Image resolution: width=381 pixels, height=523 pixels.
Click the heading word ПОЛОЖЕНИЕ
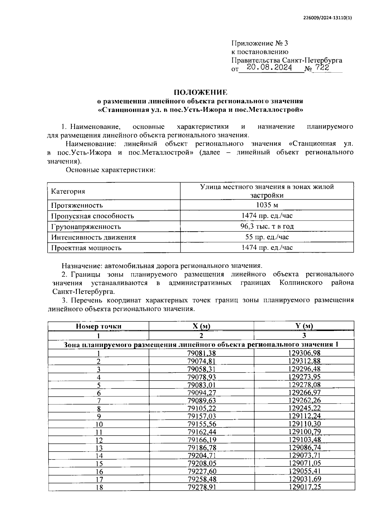[x=200, y=92]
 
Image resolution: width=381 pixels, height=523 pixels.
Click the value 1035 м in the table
[x=267, y=205]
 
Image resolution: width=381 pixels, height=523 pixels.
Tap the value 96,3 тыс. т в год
[x=267, y=226]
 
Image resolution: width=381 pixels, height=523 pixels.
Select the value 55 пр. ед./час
[x=267, y=237]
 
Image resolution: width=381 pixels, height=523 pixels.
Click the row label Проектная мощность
[x=86, y=248]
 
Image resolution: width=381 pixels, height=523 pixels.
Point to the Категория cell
[x=68, y=191]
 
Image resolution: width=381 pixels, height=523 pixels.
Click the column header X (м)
[x=201, y=326]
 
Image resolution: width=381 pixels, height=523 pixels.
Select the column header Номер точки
[x=98, y=326]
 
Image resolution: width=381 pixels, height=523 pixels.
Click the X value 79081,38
[x=202, y=353]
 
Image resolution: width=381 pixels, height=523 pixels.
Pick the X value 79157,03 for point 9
[x=202, y=416]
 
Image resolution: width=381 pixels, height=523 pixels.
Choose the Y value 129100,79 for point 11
[x=304, y=432]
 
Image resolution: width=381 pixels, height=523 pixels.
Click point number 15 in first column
[x=99, y=464]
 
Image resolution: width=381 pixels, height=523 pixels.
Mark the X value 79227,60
[x=202, y=471]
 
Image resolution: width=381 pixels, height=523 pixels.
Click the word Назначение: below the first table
[x=80, y=265]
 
